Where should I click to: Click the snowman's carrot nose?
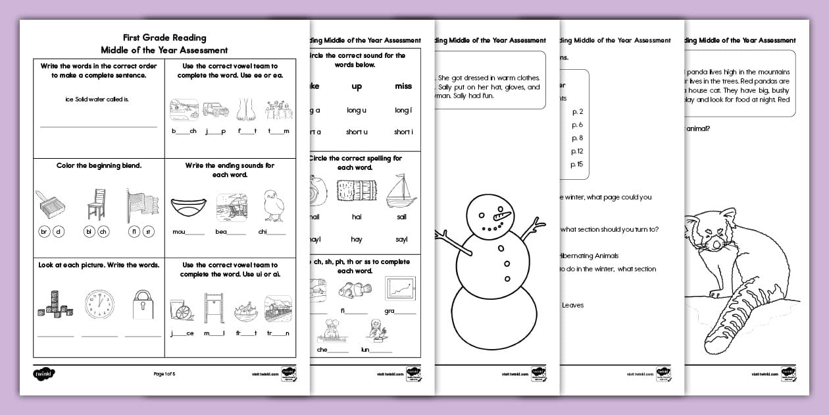[x=503, y=215]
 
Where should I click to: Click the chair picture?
[x=97, y=203]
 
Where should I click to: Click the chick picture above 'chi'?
[x=272, y=206]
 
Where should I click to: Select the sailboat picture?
[x=401, y=192]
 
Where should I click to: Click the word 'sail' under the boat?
[x=401, y=217]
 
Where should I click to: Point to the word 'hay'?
[x=357, y=239]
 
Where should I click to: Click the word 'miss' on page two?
[x=403, y=86]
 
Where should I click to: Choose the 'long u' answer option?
[x=357, y=110]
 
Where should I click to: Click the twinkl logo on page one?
[x=43, y=373]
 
